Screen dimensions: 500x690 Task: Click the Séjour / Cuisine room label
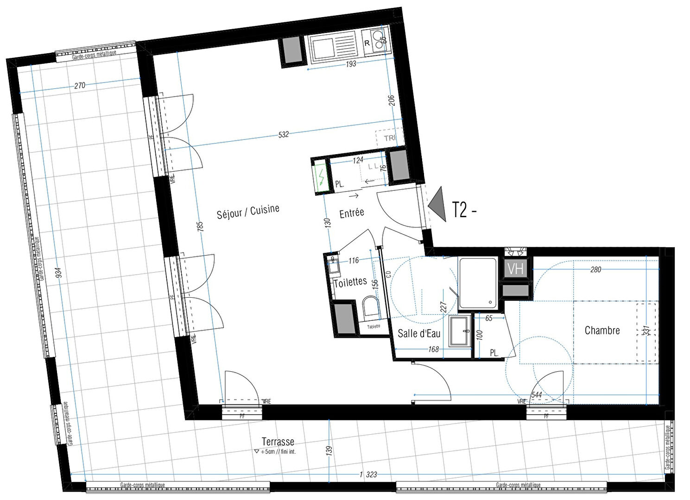click(248, 212)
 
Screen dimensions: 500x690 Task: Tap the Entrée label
click(352, 213)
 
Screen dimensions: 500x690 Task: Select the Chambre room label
click(602, 331)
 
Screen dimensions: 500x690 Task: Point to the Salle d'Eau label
click(419, 333)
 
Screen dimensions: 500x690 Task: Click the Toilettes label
click(350, 282)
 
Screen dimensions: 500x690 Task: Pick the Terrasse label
click(278, 442)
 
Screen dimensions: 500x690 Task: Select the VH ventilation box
click(515, 269)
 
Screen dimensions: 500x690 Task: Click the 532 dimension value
click(284, 134)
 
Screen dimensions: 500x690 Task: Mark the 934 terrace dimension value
click(58, 274)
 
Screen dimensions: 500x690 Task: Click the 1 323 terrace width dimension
click(367, 475)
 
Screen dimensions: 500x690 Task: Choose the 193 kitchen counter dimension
click(351, 63)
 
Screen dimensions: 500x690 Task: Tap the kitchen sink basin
click(328, 47)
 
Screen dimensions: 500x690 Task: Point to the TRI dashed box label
click(389, 138)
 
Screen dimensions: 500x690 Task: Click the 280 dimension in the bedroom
click(595, 269)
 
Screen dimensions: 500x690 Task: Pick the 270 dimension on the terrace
click(80, 86)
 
